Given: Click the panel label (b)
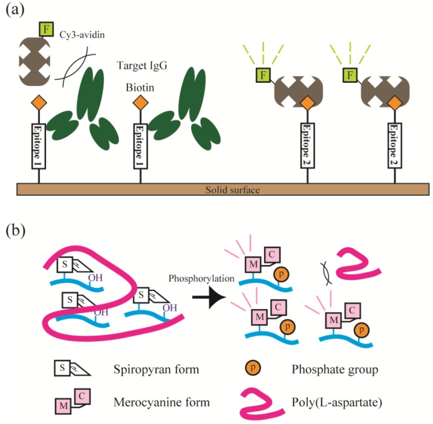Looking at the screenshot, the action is point(16,230).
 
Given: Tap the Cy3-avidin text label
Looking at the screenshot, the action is point(82,35).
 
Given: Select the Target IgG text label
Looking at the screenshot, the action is point(142,66).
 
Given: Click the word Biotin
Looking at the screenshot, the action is point(140,88).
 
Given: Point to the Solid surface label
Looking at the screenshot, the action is point(232,190).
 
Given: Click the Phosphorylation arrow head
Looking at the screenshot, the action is point(217,297).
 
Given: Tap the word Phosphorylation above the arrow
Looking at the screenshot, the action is point(201,278).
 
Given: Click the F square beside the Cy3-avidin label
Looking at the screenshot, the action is point(47,29).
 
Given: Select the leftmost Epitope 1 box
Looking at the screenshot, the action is point(38,146).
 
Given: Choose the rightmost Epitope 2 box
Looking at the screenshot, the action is point(395,145).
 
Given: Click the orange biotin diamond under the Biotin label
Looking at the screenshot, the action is point(140,103).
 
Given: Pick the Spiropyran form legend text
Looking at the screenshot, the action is point(156,370).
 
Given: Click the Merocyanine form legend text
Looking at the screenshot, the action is point(161,402).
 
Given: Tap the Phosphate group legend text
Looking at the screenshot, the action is point(335,370).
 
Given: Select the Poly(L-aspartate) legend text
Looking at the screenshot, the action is point(337,402).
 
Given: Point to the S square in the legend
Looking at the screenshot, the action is point(62,368).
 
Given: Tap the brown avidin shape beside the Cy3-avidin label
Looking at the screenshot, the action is point(34,60).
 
